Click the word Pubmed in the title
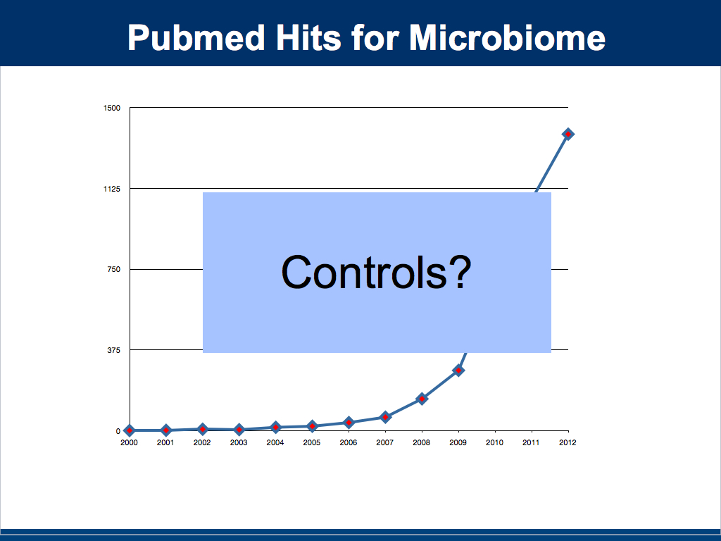pyautogui.click(x=197, y=38)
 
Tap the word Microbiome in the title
pyautogui.click(x=507, y=37)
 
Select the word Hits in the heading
pyautogui.click(x=308, y=37)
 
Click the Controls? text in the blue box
pyautogui.click(x=376, y=273)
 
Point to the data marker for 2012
pyautogui.click(x=568, y=135)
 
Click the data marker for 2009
pyautogui.click(x=458, y=371)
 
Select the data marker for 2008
pyautogui.click(x=422, y=399)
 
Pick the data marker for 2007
pyautogui.click(x=385, y=417)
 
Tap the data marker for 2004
pyautogui.click(x=275, y=428)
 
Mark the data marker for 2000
pyautogui.click(x=130, y=430)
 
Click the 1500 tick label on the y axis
pyautogui.click(x=112, y=108)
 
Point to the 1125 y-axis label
pyautogui.click(x=112, y=189)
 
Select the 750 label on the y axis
pyautogui.click(x=113, y=270)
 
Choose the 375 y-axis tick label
pyautogui.click(x=113, y=351)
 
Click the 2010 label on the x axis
pyautogui.click(x=494, y=442)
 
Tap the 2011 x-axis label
pyautogui.click(x=531, y=442)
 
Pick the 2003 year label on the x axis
pyautogui.click(x=239, y=442)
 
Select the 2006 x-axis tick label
pyautogui.click(x=348, y=442)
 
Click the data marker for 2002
pyautogui.click(x=202, y=429)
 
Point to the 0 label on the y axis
pyautogui.click(x=118, y=432)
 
